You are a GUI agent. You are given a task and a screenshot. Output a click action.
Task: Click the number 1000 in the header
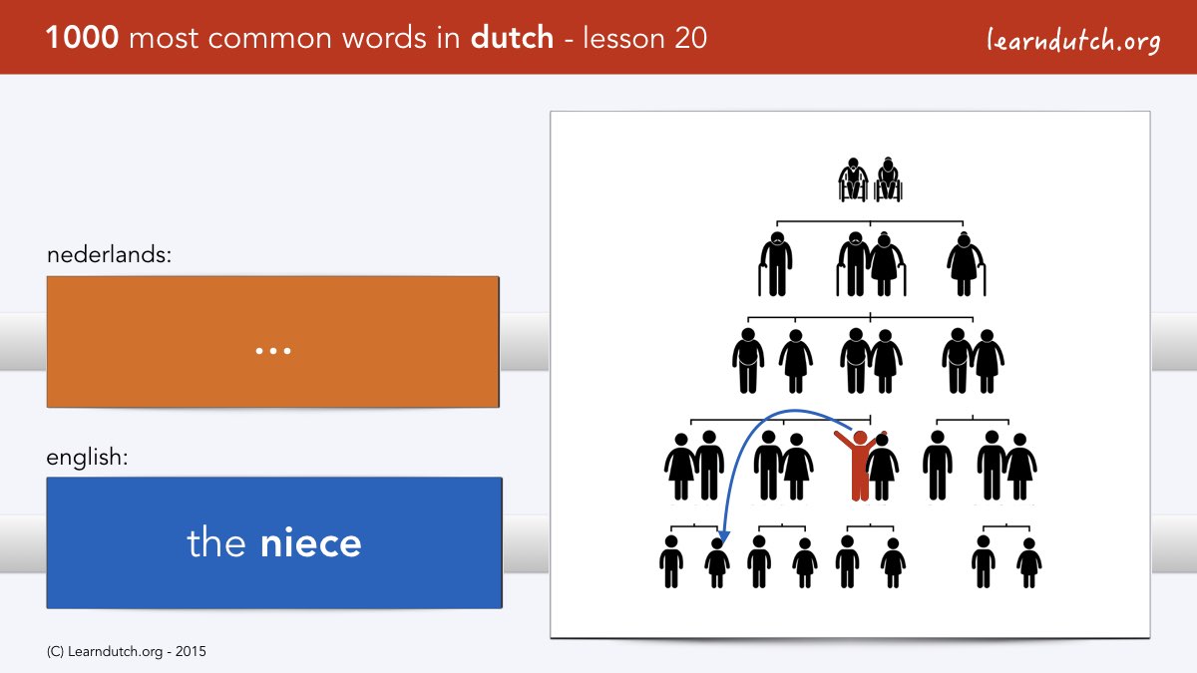click(82, 38)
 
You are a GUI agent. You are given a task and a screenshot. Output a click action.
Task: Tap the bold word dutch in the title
click(512, 37)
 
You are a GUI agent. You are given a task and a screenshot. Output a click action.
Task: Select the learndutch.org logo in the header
click(1073, 41)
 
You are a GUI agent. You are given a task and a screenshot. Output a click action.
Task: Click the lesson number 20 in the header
click(690, 38)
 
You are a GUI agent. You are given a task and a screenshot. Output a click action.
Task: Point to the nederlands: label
click(109, 255)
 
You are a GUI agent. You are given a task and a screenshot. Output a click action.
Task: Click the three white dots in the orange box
click(273, 351)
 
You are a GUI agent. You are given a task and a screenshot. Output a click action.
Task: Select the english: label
click(87, 458)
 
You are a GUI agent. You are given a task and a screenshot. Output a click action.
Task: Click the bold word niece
click(310, 542)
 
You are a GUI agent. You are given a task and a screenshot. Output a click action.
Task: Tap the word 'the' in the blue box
click(215, 542)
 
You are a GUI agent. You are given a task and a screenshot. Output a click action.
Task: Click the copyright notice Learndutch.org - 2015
click(126, 652)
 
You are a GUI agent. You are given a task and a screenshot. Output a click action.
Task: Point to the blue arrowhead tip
click(722, 543)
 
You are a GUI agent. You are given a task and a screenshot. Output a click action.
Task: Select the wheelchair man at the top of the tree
click(854, 179)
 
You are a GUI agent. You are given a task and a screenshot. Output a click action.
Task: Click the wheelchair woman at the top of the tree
click(888, 179)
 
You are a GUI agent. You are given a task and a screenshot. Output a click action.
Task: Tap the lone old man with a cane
click(775, 264)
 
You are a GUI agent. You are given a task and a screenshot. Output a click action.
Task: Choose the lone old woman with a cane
click(967, 264)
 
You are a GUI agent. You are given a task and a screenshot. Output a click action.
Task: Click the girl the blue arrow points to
click(716, 563)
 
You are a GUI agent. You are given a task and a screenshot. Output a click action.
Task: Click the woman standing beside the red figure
click(883, 468)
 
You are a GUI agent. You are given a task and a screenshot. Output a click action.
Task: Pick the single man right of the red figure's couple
click(938, 466)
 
